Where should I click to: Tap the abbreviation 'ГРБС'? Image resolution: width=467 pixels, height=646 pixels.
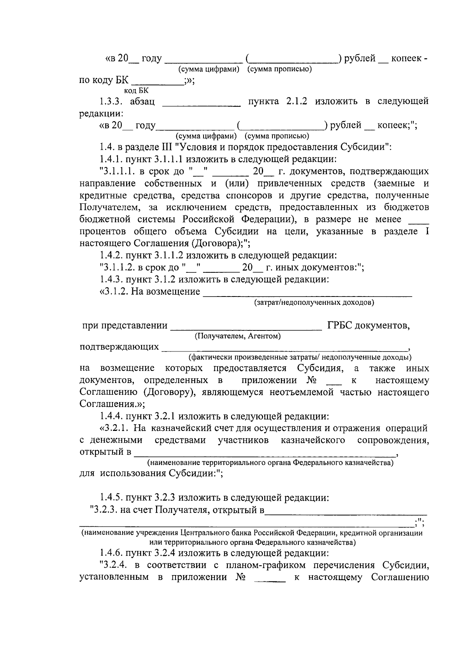coord(341,325)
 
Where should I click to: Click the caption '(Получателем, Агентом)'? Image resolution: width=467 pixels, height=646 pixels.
coord(237,336)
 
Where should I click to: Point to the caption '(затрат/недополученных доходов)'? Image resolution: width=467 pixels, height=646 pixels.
coord(314,302)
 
